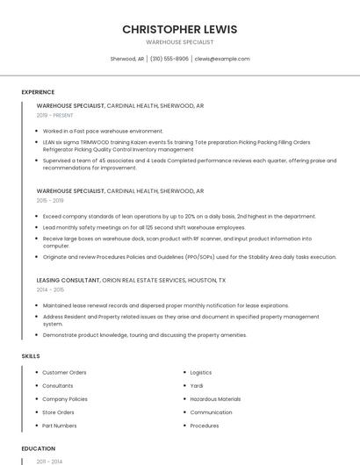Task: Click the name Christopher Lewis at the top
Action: pyautogui.click(x=179, y=29)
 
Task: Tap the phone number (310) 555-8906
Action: pyautogui.click(x=169, y=59)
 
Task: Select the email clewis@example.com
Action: pyautogui.click(x=222, y=59)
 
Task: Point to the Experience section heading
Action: pyautogui.click(x=38, y=92)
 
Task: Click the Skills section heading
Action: pyautogui.click(x=31, y=356)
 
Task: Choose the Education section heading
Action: pyautogui.click(x=39, y=448)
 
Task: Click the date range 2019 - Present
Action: pyautogui.click(x=55, y=115)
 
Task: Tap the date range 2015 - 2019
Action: pyautogui.click(x=51, y=200)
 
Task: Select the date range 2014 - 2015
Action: pyautogui.click(x=51, y=289)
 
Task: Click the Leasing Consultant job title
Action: pyautogui.click(x=68, y=280)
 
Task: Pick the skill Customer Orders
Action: pyautogui.click(x=64, y=373)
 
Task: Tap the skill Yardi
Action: pyautogui.click(x=197, y=386)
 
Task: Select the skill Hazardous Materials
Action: pyautogui.click(x=215, y=399)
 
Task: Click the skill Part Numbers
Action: pyautogui.click(x=60, y=426)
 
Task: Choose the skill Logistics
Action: pyautogui.click(x=201, y=373)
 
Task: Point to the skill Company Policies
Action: pyautogui.click(x=65, y=399)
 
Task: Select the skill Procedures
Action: pyautogui.click(x=205, y=426)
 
